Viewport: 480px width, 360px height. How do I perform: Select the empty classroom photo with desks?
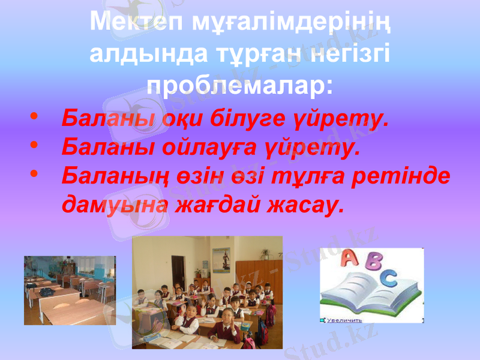click(x=70, y=290)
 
